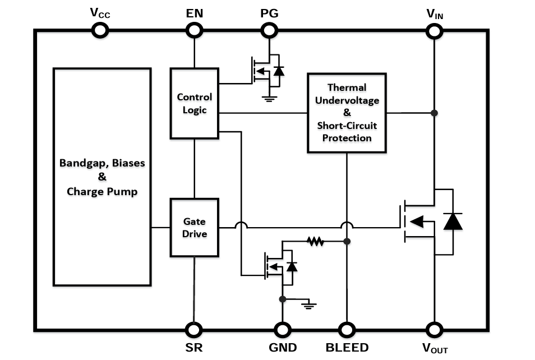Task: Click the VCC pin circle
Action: [99, 31]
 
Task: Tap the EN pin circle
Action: [194, 31]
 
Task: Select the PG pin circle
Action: [269, 31]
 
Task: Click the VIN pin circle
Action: [434, 31]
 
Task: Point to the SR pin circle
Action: [194, 329]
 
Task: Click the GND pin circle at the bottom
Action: [282, 329]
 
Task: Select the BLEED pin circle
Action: [347, 329]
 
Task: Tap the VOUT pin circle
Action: [434, 329]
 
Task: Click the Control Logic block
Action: [194, 104]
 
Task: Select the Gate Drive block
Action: [194, 227]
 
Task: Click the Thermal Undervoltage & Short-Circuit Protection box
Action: [347, 112]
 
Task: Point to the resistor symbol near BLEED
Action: [315, 241]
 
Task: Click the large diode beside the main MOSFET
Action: [453, 221]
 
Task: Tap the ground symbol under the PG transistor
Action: [269, 99]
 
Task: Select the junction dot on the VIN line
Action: [434, 113]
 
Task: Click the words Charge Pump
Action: [102, 191]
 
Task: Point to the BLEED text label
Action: [347, 347]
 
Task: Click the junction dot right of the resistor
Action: [347, 241]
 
